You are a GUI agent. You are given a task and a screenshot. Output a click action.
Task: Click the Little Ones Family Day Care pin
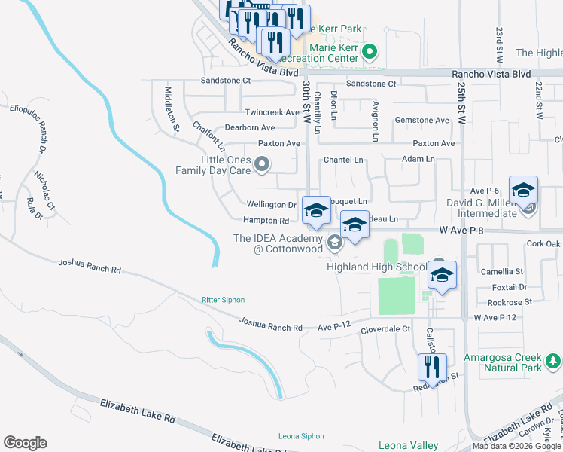262,163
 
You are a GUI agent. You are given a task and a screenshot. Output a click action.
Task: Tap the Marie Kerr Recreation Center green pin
369,53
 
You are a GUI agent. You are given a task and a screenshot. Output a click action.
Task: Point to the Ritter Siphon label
223,300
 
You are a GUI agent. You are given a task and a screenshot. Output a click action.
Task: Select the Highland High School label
376,267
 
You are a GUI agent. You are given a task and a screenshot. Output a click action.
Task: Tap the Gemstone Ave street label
422,121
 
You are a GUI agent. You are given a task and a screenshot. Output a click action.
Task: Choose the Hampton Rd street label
266,221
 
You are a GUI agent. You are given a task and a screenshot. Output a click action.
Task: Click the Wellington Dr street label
272,205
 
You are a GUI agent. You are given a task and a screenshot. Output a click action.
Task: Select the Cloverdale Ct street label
385,329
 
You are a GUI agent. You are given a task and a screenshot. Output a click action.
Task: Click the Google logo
25,443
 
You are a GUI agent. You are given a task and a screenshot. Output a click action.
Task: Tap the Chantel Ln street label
343,160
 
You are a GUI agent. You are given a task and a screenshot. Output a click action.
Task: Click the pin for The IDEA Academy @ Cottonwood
334,242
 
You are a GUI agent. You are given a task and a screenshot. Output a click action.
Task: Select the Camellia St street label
504,271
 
